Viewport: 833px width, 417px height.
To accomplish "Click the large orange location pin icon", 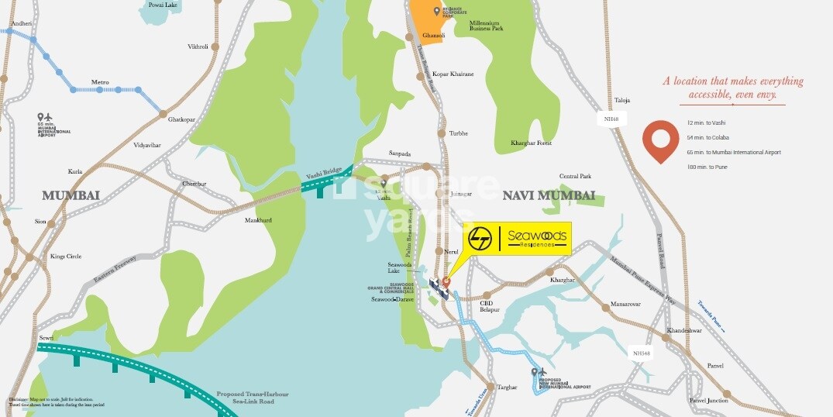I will coord(660,140).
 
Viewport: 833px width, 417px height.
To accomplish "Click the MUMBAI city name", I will coord(71,195).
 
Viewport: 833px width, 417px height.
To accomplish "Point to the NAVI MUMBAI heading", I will coord(549,195).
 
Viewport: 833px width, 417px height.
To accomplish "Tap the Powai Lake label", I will coord(164,5).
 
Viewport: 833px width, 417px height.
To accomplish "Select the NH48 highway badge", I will coord(611,119).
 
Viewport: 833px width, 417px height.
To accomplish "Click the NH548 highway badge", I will coord(641,353).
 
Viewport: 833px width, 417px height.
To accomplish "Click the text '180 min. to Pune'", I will coord(712,167).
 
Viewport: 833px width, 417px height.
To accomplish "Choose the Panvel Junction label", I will coord(708,400).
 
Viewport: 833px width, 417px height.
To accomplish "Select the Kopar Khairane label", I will coord(453,74).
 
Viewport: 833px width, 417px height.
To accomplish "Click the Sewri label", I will coord(46,339).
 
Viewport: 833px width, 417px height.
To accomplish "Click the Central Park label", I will coord(575,176).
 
